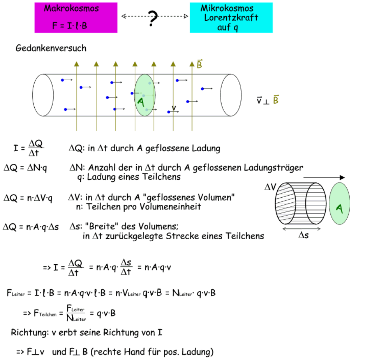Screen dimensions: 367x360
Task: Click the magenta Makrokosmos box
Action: (x=76, y=18)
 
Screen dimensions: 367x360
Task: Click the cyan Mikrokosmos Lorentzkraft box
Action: (x=231, y=18)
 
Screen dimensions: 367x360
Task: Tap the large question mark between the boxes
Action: (x=153, y=18)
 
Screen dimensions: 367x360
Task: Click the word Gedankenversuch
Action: (x=51, y=48)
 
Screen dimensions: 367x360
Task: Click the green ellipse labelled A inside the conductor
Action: (x=145, y=95)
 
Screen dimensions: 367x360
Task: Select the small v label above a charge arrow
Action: (x=174, y=108)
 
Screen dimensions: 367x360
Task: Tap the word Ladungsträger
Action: (x=273, y=168)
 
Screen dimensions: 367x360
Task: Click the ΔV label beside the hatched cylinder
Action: (x=270, y=187)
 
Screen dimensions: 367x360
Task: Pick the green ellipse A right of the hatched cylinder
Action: (x=339, y=204)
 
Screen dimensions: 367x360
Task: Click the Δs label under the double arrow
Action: (x=303, y=235)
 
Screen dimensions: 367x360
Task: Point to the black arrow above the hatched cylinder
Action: (x=324, y=177)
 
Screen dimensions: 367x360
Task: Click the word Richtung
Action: (x=29, y=333)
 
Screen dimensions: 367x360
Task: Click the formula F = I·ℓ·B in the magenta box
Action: (x=69, y=25)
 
